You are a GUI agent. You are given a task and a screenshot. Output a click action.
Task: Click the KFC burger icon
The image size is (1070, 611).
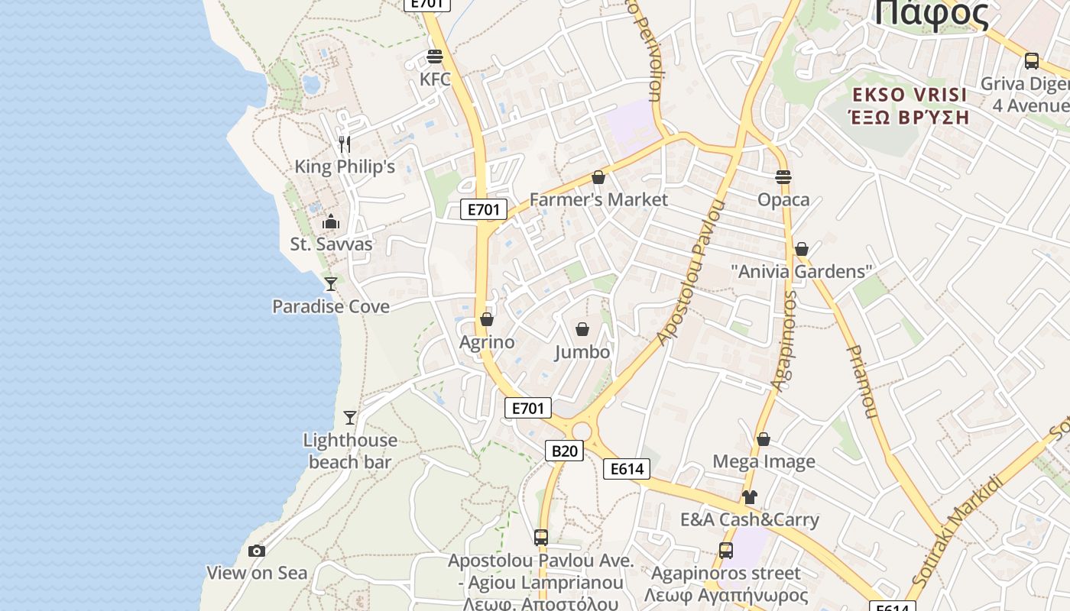[x=435, y=57]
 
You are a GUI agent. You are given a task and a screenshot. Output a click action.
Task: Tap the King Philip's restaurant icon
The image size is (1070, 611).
[x=345, y=144]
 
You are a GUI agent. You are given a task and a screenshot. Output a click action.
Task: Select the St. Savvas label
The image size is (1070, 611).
[x=331, y=244]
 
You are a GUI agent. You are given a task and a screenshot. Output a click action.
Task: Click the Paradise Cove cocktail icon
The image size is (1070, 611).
[x=331, y=284]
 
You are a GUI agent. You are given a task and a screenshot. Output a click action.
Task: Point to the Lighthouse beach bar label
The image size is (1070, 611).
[x=350, y=451]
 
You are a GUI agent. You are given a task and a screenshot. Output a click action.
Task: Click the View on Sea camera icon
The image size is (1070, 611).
[x=257, y=551]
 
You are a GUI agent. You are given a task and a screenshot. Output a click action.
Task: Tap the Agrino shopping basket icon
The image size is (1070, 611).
[x=487, y=319]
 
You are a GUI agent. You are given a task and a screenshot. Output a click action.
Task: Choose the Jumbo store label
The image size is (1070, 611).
[x=582, y=352]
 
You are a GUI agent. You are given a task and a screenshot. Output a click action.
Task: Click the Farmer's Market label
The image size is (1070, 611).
[x=598, y=199]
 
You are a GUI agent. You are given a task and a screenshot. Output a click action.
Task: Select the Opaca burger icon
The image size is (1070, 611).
[x=783, y=177]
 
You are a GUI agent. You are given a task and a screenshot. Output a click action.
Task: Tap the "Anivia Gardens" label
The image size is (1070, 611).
[x=801, y=271]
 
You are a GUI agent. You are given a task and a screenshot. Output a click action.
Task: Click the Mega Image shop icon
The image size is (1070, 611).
[x=764, y=439]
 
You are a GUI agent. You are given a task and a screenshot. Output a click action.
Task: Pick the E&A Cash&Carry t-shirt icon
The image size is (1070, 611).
[x=749, y=497]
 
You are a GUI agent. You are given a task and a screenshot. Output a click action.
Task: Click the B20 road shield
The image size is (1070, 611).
[x=564, y=451]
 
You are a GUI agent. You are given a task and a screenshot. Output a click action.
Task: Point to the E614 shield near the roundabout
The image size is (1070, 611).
[x=627, y=469]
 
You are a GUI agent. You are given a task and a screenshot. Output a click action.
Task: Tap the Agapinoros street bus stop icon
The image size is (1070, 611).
[x=726, y=550]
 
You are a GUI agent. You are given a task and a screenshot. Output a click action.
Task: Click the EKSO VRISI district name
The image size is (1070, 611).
[x=909, y=95]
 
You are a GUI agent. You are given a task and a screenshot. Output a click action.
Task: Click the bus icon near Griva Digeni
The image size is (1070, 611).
[x=1032, y=61]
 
